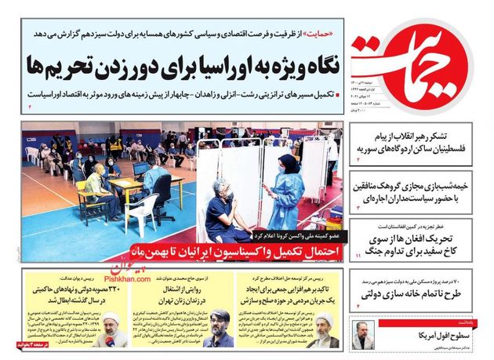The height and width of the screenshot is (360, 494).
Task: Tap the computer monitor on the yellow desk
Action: tap(142, 169)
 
